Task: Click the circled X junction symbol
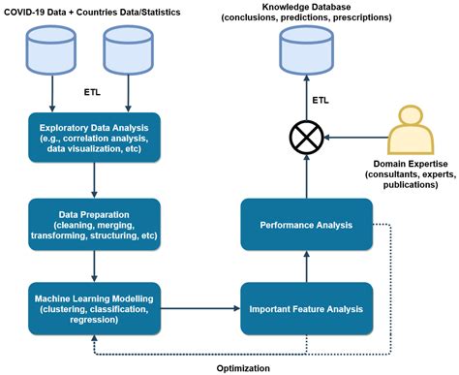(x=306, y=137)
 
